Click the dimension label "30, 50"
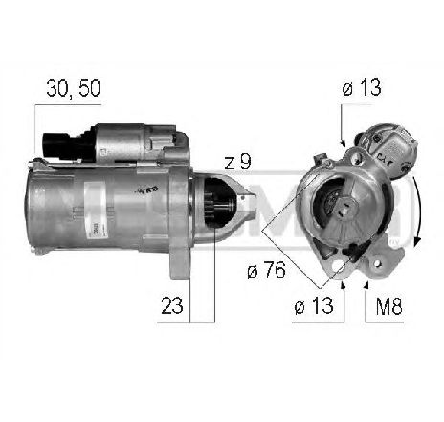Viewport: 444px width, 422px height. tap(74, 89)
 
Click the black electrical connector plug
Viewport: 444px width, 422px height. tap(56, 144)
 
